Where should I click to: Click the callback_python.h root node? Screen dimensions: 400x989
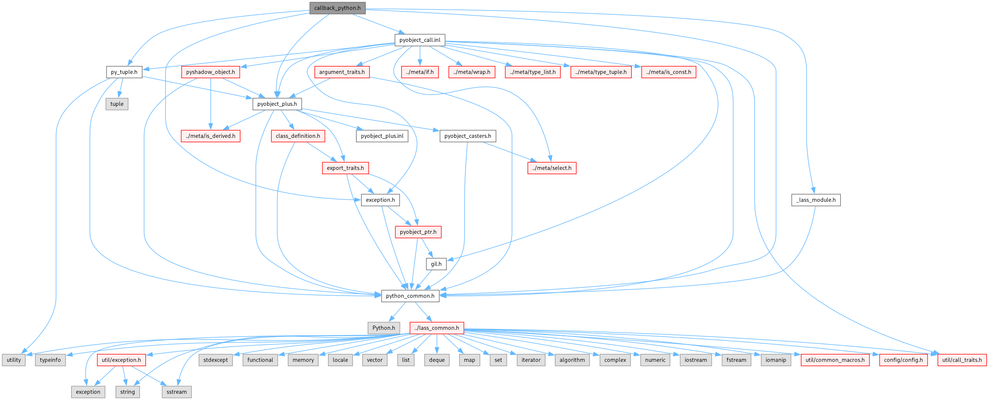pos(337,8)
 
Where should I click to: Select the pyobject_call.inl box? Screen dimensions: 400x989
pos(420,40)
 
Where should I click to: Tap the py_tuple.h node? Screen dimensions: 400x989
pos(124,72)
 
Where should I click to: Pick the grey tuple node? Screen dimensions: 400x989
pos(117,104)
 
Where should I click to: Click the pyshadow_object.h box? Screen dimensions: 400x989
pos(210,72)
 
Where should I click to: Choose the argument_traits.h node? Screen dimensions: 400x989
pos(342,72)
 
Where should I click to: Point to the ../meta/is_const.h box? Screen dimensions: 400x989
pos(668,72)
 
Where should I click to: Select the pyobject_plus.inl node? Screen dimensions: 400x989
pos(382,136)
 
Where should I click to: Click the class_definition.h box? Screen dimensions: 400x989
pos(298,136)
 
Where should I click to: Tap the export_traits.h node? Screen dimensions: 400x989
pos(345,168)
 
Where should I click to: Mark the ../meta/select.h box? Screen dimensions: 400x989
pos(552,168)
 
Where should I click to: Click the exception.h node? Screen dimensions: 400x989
pos(380,200)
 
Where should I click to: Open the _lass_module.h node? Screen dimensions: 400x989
pos(815,200)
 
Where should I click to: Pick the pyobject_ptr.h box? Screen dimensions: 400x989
pos(418,232)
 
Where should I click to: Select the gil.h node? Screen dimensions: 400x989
pos(436,264)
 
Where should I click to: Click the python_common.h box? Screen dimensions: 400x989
pos(410,296)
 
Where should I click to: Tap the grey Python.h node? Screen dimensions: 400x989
pos(383,328)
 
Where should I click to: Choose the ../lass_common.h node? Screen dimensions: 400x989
pos(436,328)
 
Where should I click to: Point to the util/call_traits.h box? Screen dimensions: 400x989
pos(962,360)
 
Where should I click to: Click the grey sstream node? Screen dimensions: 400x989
pos(176,392)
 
